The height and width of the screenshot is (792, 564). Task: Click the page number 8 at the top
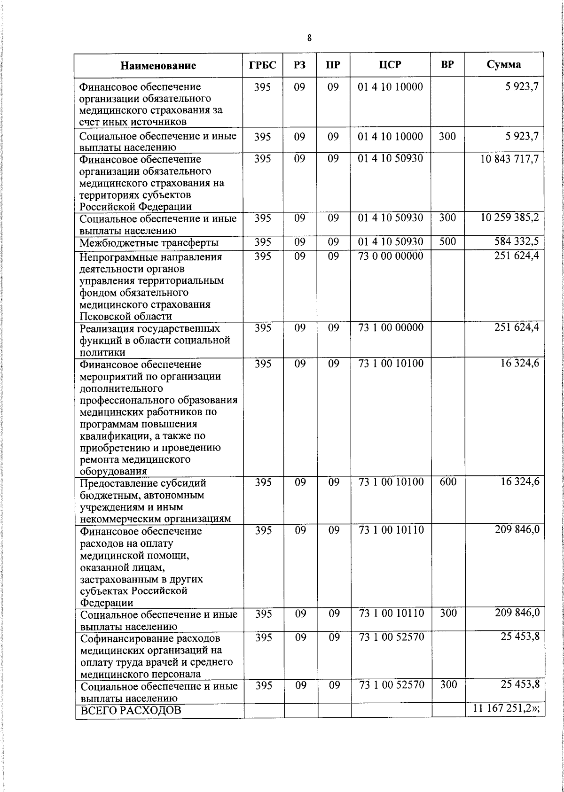[309, 39]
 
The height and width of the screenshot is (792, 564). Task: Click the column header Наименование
[158, 65]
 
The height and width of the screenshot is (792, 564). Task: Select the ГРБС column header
[263, 65]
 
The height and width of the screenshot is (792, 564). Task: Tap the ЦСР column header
[391, 65]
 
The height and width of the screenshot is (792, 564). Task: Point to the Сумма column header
[503, 65]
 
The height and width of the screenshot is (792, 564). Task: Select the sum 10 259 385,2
[509, 218]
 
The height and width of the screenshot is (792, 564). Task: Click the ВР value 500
[447, 242]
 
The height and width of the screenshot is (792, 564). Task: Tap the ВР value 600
[448, 482]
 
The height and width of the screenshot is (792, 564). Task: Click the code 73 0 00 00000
[391, 256]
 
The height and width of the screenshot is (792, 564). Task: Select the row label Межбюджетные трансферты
[149, 243]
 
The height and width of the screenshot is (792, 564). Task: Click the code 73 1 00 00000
[391, 328]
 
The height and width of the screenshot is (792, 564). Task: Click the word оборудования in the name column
[113, 471]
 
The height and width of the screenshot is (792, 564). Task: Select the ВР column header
[447, 65]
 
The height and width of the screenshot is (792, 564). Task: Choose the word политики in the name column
[102, 352]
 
